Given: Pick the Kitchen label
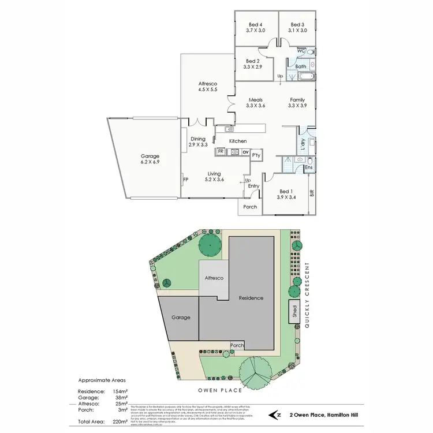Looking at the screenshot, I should click(238, 141).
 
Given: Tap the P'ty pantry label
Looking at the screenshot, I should click(256, 155).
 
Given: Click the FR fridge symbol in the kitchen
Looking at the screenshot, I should click(221, 152).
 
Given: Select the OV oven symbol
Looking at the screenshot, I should click(245, 152).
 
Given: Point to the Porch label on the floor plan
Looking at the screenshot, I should click(250, 207).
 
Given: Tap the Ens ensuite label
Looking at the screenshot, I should click(309, 168).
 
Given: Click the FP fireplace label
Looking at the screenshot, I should click(186, 180).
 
